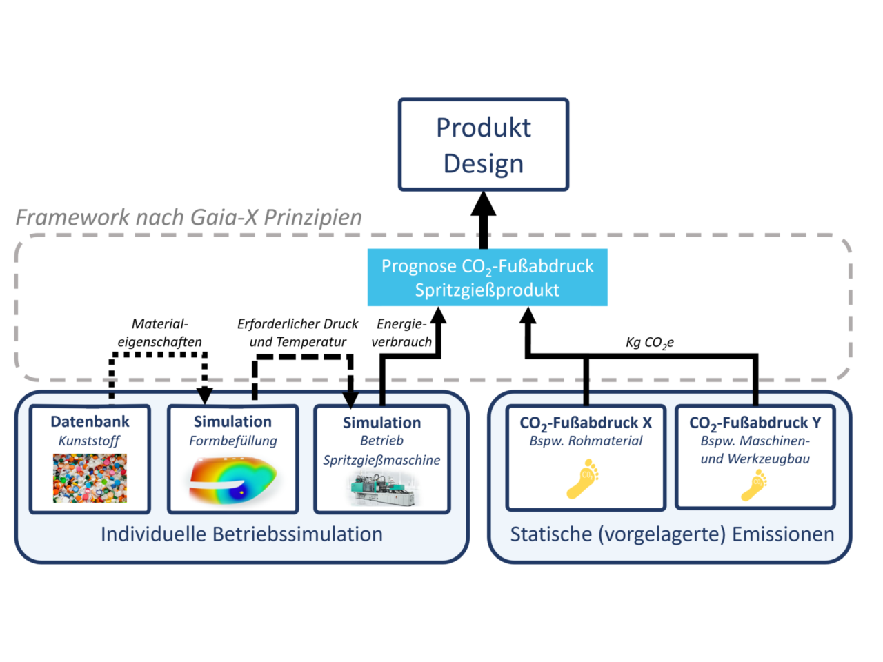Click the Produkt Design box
pyautogui.click(x=483, y=145)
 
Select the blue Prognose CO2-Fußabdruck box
pyautogui.click(x=487, y=277)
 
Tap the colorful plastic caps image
pyautogui.click(x=90, y=478)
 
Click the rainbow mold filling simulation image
pyautogui.click(x=232, y=479)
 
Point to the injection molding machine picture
pyautogui.click(x=381, y=490)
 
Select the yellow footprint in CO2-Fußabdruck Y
pyautogui.click(x=754, y=484)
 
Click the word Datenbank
pyautogui.click(x=90, y=421)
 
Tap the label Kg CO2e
pyautogui.click(x=649, y=343)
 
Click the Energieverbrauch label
pyautogui.click(x=401, y=332)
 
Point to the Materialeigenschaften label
pyautogui.click(x=159, y=332)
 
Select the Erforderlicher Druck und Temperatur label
pyautogui.click(x=297, y=332)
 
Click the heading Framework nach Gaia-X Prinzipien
pyautogui.click(x=188, y=217)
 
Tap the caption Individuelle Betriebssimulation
pyautogui.click(x=241, y=534)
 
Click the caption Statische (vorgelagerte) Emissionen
pyautogui.click(x=672, y=534)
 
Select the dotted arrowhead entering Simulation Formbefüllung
pyautogui.click(x=204, y=396)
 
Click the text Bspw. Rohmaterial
pyautogui.click(x=586, y=441)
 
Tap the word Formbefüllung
pyautogui.click(x=232, y=441)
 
